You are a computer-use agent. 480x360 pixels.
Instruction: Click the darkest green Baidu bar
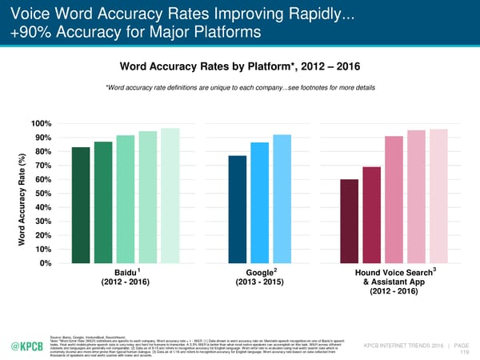coord(81,206)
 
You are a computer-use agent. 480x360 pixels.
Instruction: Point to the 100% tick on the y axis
coord(42,124)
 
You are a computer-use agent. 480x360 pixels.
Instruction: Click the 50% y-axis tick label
coord(44,194)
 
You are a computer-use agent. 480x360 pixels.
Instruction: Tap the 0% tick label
coord(46,264)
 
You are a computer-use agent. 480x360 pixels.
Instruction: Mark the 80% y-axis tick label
coord(44,152)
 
